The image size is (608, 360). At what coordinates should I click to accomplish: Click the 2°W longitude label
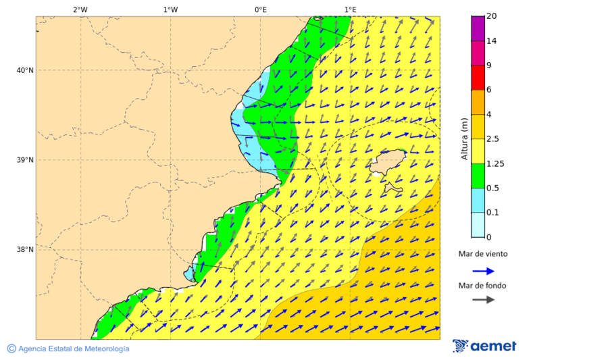click(80, 9)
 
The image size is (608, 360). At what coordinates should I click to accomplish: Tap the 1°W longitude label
click(170, 9)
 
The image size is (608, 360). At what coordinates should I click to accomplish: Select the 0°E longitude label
click(260, 9)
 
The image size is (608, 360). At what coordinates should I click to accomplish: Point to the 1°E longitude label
click(350, 9)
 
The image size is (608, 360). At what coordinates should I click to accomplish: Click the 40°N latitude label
click(24, 70)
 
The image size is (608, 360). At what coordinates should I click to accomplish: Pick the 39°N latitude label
click(24, 160)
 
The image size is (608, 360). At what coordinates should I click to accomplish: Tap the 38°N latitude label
click(24, 250)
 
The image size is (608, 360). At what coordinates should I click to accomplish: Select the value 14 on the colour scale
click(491, 41)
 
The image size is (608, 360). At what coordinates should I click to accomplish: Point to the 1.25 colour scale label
click(495, 163)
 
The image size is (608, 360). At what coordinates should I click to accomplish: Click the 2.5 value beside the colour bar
click(493, 139)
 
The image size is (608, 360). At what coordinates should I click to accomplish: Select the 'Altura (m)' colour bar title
click(464, 138)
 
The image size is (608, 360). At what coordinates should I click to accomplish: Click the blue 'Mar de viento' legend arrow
click(483, 271)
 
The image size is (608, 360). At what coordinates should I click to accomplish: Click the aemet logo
click(484, 346)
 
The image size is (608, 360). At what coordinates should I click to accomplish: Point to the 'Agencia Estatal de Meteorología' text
click(74, 349)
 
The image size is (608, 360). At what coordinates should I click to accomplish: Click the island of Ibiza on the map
click(386, 165)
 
